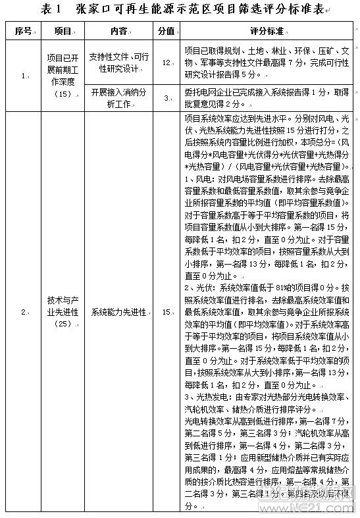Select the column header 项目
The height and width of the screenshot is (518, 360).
pos(63,31)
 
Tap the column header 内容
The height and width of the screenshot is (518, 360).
pos(119,31)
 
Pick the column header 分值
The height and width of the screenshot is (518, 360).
pos(166,31)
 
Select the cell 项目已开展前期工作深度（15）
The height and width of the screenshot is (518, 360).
pos(63,76)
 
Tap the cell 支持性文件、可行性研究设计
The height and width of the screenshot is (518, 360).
pos(119,62)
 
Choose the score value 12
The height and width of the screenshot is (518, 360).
pos(166,62)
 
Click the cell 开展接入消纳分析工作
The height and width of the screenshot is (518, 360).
pos(119,98)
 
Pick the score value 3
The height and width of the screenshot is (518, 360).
pos(166,98)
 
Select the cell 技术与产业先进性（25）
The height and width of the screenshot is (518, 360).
pos(63,313)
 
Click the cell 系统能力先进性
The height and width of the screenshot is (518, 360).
pos(119,313)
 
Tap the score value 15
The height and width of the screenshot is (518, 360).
pos(166,313)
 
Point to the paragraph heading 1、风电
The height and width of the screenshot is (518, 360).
pos(197,178)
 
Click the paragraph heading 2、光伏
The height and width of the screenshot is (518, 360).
pos(197,287)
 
